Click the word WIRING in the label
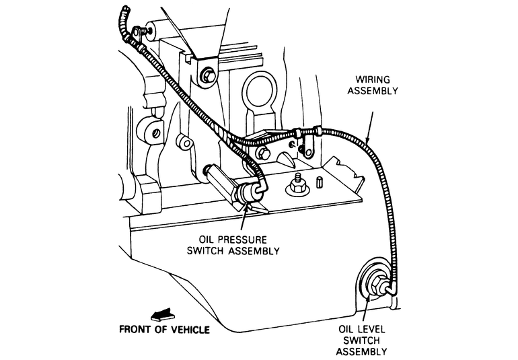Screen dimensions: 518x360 click(373, 79)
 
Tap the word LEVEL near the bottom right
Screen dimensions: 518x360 click(371, 329)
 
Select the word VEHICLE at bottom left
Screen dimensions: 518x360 click(190, 330)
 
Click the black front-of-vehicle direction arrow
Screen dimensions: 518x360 click(163, 315)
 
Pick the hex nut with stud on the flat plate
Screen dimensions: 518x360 click(297, 186)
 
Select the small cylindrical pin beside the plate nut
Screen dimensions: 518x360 click(319, 182)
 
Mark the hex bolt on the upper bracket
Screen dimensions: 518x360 click(208, 75)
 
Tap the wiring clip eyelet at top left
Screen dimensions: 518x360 click(137, 33)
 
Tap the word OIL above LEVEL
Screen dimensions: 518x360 click(346, 329)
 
